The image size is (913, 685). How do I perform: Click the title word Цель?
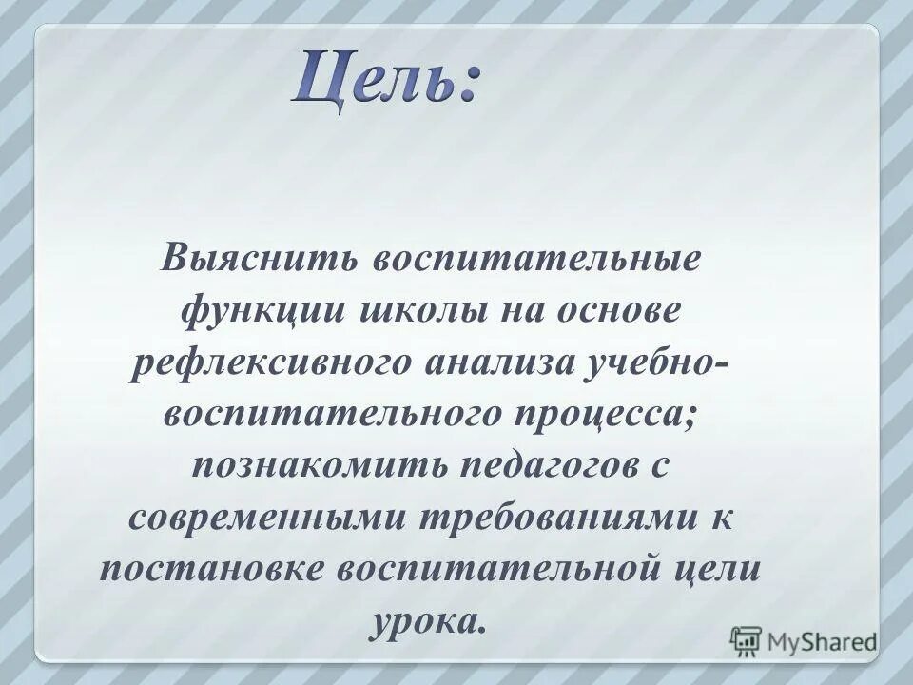(386, 79)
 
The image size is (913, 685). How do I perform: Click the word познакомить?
(319, 465)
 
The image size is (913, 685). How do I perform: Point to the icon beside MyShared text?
(746, 640)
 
